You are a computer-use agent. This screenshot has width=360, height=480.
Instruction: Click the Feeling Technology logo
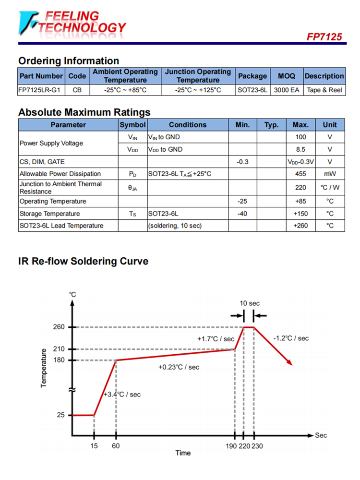click(x=72, y=23)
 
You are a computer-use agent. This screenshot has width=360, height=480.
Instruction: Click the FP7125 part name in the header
click(x=324, y=37)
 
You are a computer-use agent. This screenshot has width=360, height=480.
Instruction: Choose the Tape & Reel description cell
click(x=324, y=90)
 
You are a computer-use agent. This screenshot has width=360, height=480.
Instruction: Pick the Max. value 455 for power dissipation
click(x=300, y=174)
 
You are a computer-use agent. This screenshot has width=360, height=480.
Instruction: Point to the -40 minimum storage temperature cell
click(x=242, y=214)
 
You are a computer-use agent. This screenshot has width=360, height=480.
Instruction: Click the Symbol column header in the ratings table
click(x=132, y=125)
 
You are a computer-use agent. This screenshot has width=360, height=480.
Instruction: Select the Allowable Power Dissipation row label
click(x=60, y=174)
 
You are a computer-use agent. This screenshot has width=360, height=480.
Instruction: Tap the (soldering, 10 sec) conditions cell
click(x=175, y=226)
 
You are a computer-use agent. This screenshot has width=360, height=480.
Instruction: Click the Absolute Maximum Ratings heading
click(x=84, y=112)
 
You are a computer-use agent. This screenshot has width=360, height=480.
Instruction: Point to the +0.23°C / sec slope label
click(x=179, y=367)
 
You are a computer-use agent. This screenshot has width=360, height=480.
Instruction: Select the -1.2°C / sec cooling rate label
click(x=291, y=338)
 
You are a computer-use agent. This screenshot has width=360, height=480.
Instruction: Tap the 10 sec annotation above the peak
click(x=250, y=303)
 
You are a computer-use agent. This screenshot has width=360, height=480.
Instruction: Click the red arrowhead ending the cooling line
click(x=289, y=362)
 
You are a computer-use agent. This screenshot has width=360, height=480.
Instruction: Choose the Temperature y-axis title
click(x=44, y=368)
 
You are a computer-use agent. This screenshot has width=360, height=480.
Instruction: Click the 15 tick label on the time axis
click(x=94, y=446)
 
